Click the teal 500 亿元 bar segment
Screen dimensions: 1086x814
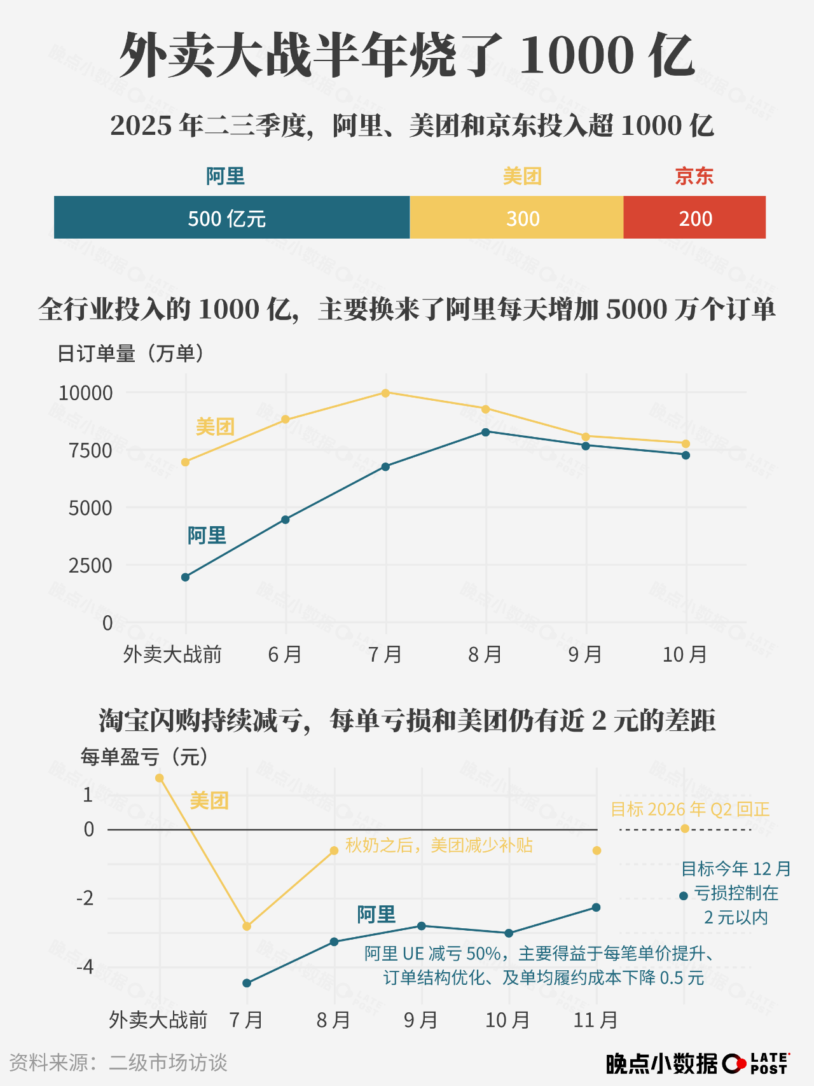231,218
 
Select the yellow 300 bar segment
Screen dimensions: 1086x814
516,218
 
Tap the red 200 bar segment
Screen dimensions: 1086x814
694,218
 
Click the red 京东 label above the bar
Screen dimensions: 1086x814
694,176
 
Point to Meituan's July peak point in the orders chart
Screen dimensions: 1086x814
385,393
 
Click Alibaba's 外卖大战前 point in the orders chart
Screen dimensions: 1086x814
185,577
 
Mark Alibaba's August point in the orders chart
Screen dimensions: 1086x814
486,432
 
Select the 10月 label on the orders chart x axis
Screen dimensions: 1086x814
685,654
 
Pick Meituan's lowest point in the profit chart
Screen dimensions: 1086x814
247,926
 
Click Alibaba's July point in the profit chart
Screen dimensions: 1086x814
247,983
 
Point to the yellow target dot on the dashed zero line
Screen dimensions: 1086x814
684,828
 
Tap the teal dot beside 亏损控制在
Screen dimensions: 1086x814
684,896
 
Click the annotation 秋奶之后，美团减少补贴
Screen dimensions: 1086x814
439,846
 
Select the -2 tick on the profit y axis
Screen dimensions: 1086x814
85,898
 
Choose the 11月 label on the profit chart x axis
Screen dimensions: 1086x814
595,1020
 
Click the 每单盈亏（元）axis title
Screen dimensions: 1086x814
145,757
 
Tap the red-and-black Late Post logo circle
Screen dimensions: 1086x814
734,1063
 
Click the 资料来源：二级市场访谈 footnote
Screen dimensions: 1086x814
118,1062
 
